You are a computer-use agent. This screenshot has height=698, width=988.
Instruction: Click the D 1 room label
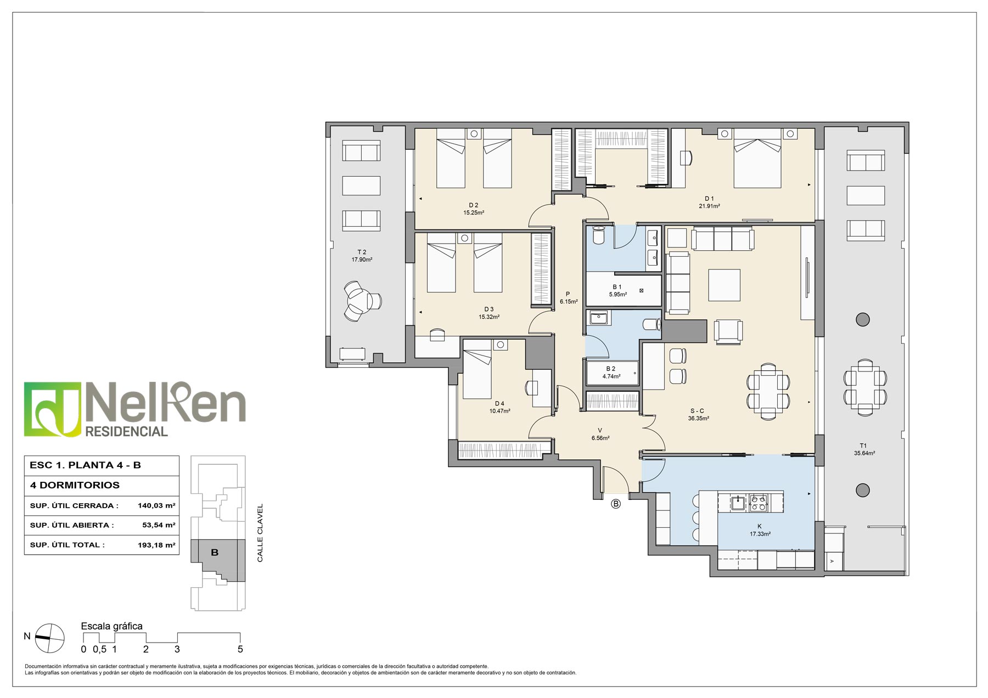(x=709, y=199)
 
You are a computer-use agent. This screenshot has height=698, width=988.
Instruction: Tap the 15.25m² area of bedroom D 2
(x=473, y=213)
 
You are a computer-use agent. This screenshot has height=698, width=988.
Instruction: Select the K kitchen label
(x=760, y=526)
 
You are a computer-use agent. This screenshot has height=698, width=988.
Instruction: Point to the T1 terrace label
(x=863, y=446)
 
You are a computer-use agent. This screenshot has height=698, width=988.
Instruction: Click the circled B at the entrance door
(x=616, y=504)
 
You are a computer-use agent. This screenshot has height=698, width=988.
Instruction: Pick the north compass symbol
(x=49, y=638)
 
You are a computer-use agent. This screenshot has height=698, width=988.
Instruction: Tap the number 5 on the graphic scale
(x=240, y=650)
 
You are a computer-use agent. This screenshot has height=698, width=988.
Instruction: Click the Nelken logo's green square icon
(x=53, y=409)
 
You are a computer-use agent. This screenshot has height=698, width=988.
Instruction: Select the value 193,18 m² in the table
(x=156, y=545)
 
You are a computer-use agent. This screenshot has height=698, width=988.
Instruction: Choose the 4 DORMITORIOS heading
(x=75, y=485)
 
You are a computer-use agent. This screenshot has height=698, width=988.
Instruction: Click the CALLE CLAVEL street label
(x=260, y=533)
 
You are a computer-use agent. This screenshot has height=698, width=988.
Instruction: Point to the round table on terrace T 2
(x=360, y=301)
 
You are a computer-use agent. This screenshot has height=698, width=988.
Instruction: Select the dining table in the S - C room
(x=768, y=391)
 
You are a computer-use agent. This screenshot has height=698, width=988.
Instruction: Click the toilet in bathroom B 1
(x=598, y=234)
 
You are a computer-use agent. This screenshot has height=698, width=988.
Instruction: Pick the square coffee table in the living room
(x=724, y=285)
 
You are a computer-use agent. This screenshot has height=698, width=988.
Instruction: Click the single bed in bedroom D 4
(x=477, y=369)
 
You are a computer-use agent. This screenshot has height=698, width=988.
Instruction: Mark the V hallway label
(x=600, y=430)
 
